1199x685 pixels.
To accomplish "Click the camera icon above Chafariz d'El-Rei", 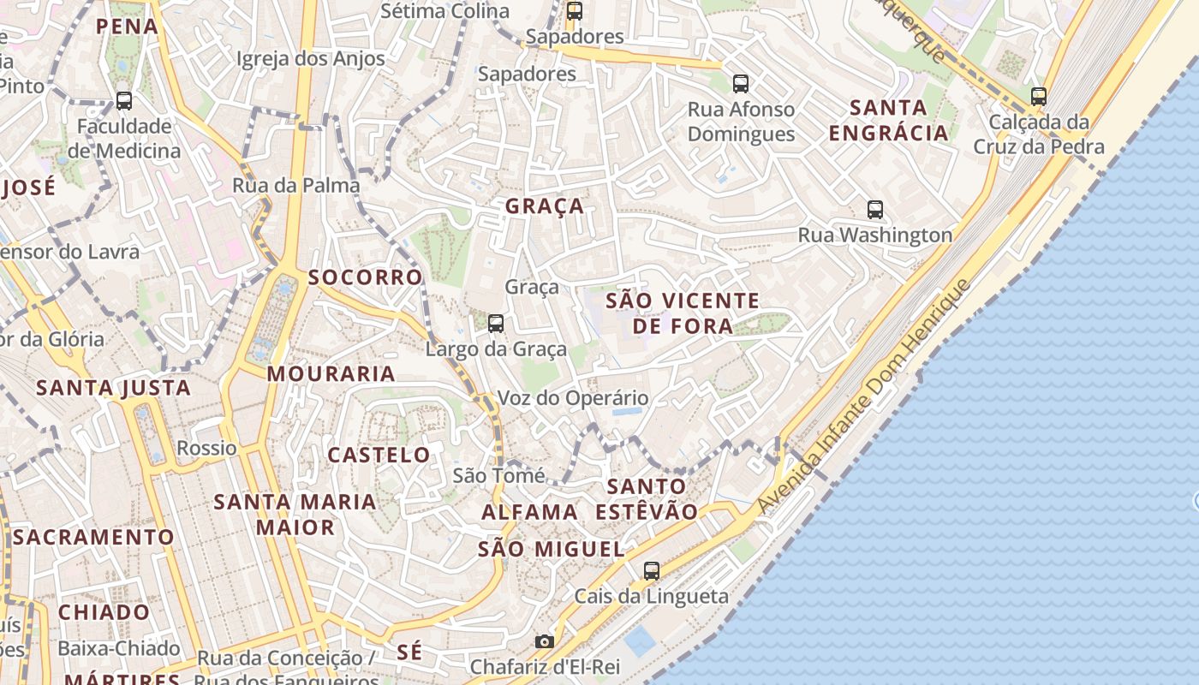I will (x=544, y=641).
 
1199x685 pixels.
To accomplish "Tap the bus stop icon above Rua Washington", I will (x=874, y=209).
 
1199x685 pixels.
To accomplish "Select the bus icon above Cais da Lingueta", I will (x=652, y=570).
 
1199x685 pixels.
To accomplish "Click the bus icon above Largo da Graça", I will (x=496, y=323).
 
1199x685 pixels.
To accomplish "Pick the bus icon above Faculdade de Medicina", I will (x=124, y=100).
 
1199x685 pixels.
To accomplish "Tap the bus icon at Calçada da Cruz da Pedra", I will (x=1039, y=96).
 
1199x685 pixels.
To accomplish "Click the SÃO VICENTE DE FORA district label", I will (x=683, y=313).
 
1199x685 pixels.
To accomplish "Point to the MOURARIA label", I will (x=331, y=373).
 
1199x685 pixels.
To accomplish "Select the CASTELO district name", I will (x=379, y=455).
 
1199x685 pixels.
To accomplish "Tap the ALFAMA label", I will (x=529, y=512).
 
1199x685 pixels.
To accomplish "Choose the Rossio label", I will (x=206, y=448).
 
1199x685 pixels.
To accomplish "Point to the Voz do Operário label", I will (x=573, y=398).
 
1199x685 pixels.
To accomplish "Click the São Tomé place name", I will (x=498, y=475).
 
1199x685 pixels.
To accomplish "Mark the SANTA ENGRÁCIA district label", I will (x=888, y=120).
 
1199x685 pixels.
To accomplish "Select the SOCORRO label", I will (x=365, y=277).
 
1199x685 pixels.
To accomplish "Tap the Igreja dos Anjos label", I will (x=310, y=59).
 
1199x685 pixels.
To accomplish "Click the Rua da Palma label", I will (x=295, y=185).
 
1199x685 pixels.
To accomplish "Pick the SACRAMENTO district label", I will (x=93, y=537).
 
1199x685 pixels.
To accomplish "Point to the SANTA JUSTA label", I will (x=113, y=388).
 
